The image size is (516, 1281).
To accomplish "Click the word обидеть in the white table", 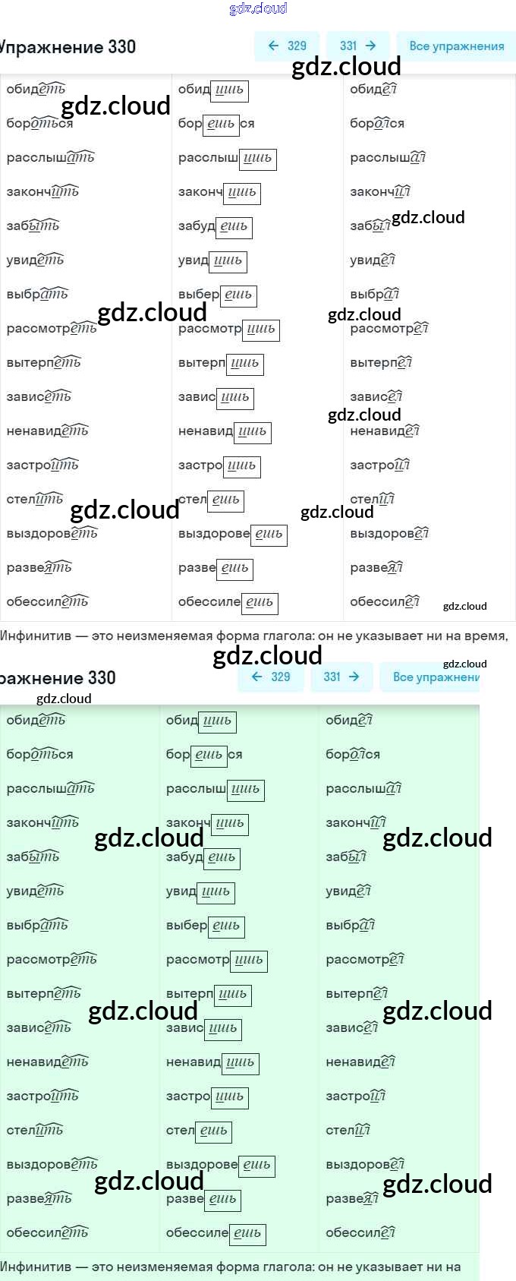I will [36, 90].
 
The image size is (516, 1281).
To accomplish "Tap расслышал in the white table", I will [387, 158].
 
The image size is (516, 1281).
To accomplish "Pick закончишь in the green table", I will [206, 823].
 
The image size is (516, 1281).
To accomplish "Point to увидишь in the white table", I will [212, 260].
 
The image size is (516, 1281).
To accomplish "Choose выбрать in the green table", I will [37, 926].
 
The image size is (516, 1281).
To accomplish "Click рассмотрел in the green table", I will [364, 960].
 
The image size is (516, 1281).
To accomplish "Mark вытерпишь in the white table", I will [220, 363].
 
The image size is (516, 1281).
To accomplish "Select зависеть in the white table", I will [39, 397].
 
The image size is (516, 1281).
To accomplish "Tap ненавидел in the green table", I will [360, 1062].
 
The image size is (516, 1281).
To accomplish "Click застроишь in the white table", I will [219, 465].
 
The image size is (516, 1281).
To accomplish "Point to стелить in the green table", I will [35, 1131].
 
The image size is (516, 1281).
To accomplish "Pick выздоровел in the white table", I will [389, 534].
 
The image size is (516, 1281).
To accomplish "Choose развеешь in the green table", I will [203, 1199].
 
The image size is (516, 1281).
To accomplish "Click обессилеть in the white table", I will [47, 602].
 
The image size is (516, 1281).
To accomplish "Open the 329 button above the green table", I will [271, 677].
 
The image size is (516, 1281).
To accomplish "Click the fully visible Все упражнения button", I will [456, 46].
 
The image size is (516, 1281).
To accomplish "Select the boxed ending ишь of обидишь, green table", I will [217, 721].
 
